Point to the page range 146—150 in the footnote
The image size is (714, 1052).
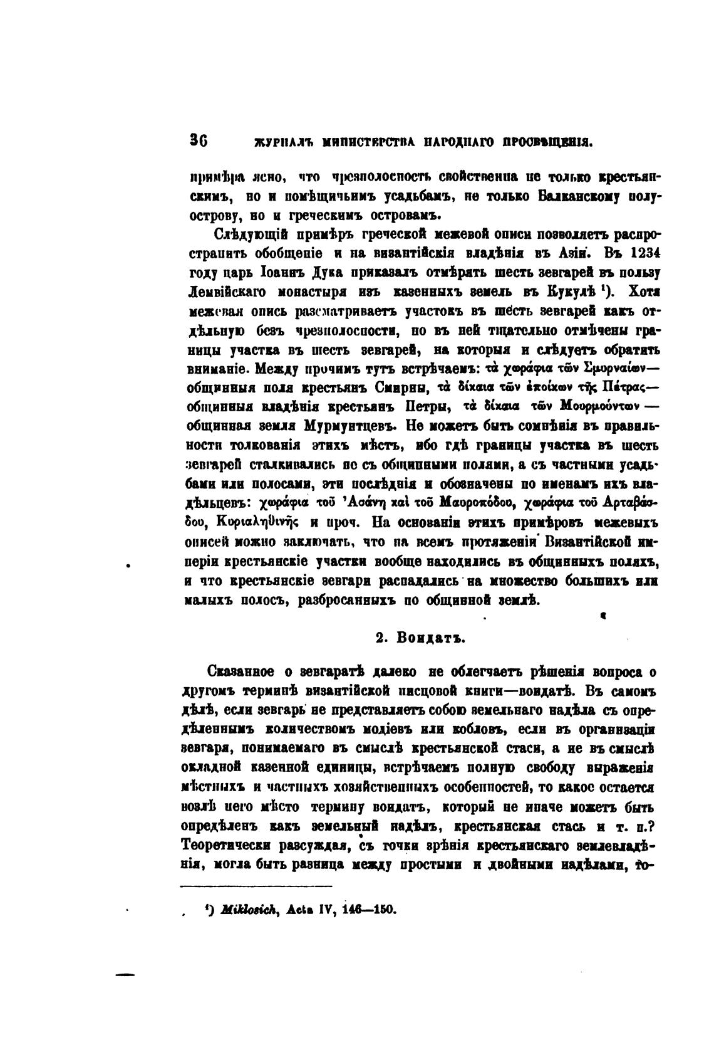371,909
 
